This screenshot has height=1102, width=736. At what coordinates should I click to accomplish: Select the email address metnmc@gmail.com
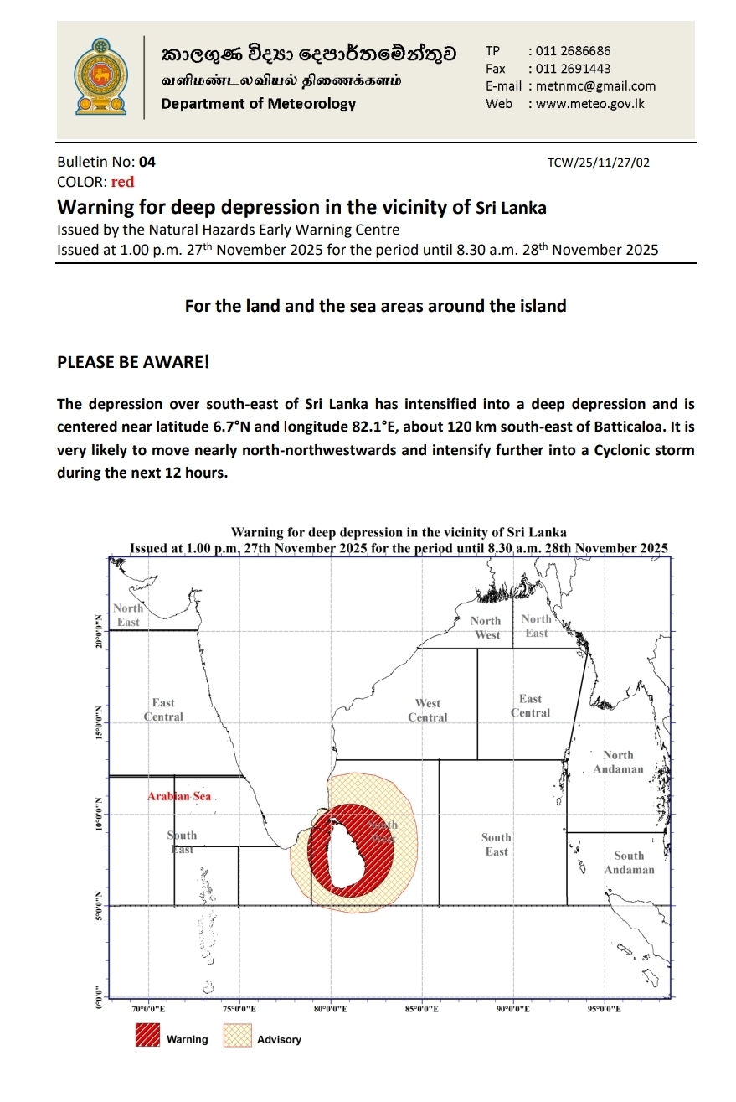pyautogui.click(x=595, y=85)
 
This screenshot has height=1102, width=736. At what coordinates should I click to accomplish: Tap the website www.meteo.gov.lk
pyautogui.click(x=590, y=104)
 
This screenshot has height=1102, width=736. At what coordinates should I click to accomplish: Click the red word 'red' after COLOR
pyautogui.click(x=122, y=182)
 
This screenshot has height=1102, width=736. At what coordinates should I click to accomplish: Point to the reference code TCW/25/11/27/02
pyautogui.click(x=597, y=163)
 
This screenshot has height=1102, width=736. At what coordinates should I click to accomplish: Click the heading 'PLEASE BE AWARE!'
pyautogui.click(x=133, y=362)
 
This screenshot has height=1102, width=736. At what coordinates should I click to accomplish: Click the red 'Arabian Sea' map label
pyautogui.click(x=179, y=796)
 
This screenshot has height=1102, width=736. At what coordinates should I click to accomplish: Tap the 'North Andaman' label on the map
pyautogui.click(x=618, y=762)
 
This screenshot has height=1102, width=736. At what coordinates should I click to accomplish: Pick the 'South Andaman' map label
pyautogui.click(x=629, y=862)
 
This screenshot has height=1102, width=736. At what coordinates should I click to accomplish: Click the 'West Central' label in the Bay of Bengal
pyautogui.click(x=428, y=710)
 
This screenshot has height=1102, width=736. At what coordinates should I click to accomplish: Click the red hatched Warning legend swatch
pyautogui.click(x=147, y=1037)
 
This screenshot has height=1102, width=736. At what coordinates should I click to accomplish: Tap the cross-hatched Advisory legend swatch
pyautogui.click(x=237, y=1037)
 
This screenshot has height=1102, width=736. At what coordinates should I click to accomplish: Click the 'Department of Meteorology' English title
pyautogui.click(x=258, y=104)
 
